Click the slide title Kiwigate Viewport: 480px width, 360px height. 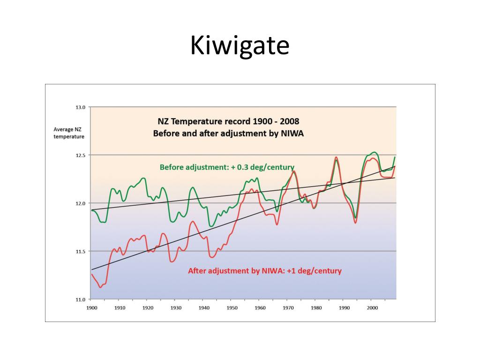click(x=240, y=46)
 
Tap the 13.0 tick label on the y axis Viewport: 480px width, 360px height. click(x=80, y=107)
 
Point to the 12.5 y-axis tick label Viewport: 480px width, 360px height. click(x=80, y=155)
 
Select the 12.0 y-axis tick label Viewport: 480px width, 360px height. click(x=80, y=203)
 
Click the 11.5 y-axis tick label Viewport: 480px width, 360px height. click(x=80, y=251)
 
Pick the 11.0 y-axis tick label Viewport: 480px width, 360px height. click(x=80, y=300)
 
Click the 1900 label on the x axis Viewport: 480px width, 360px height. click(x=91, y=308)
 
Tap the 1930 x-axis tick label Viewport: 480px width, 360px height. click(x=176, y=308)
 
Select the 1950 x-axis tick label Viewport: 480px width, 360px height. click(x=232, y=308)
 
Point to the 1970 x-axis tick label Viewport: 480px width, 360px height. click(x=288, y=308)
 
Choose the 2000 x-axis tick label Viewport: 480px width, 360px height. click(x=372, y=308)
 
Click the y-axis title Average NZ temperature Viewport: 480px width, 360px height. click(x=68, y=133)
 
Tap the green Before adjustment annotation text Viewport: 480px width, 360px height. click(x=227, y=167)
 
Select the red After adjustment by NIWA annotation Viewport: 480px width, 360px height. click(x=264, y=271)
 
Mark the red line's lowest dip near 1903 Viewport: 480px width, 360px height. click(x=100, y=287)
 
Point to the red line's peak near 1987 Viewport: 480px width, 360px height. click(x=336, y=157)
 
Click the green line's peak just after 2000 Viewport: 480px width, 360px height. click(x=374, y=152)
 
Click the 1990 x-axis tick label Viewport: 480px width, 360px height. click(x=344, y=308)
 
